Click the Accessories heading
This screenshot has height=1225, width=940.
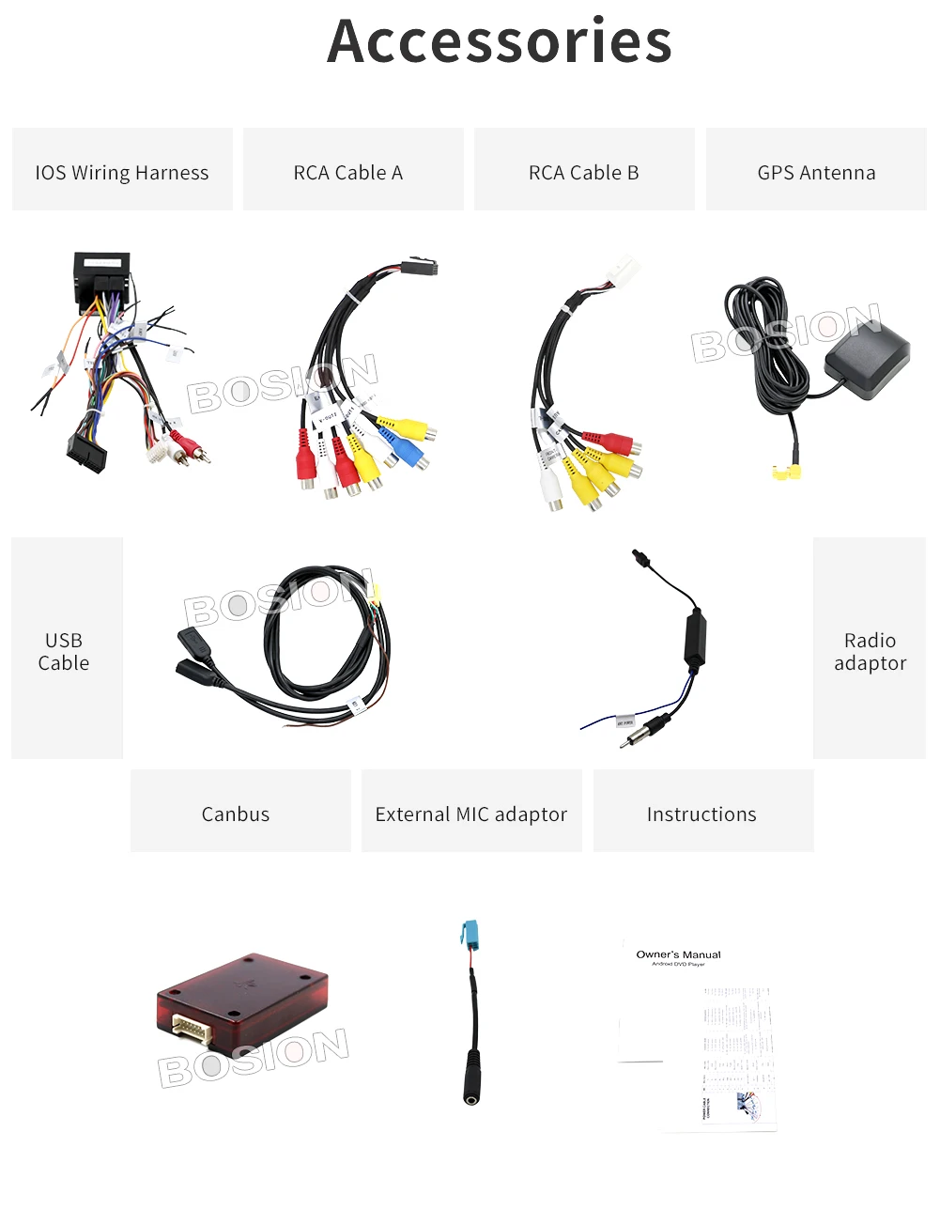[499, 41]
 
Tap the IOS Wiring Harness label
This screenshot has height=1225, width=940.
[122, 173]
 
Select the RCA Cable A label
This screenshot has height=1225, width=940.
[348, 173]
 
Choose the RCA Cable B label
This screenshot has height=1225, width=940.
[583, 173]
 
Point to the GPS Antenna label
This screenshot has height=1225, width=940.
[816, 173]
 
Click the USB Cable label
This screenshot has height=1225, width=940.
[64, 651]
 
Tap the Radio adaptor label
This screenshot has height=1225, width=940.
[870, 651]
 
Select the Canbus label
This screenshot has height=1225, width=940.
[236, 814]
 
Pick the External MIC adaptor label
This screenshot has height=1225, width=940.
[471, 814]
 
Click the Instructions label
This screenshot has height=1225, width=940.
[701, 814]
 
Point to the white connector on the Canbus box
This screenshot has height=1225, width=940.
[193, 1031]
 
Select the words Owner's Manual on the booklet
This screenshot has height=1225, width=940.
[678, 954]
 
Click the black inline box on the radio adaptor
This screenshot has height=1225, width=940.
[696, 639]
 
